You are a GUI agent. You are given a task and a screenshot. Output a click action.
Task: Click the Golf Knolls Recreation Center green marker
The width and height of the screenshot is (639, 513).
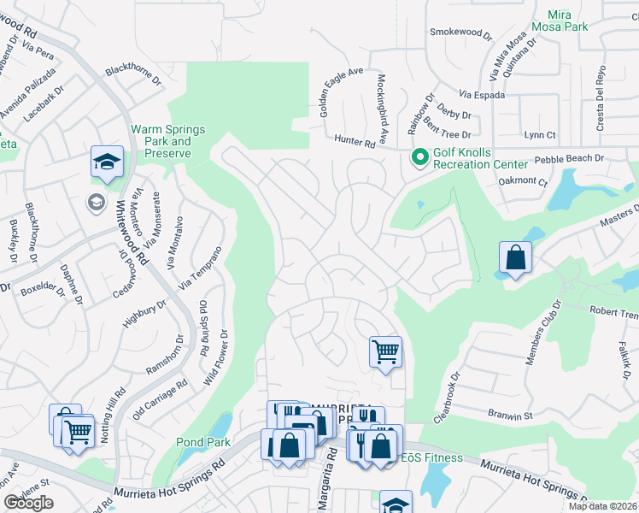coord(419,157)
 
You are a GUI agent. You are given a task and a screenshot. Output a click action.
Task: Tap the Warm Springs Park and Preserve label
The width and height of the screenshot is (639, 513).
coord(167,141)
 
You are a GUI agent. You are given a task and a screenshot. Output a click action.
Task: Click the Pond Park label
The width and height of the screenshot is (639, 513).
coord(203,442)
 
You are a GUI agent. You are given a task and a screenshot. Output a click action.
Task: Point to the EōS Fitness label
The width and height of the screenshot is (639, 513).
coord(432,458)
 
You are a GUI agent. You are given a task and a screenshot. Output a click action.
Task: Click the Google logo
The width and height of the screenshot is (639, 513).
coord(29,503)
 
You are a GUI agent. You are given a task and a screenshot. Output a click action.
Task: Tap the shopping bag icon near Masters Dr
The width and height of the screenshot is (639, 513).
coord(516,257)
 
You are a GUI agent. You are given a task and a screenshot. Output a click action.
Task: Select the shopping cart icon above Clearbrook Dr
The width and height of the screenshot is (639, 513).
coord(385,351)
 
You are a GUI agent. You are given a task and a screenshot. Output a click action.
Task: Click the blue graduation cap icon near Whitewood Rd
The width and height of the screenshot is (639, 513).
coord(108,162)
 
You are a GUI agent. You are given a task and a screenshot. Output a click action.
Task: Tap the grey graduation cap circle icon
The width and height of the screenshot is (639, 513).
coord(97,202)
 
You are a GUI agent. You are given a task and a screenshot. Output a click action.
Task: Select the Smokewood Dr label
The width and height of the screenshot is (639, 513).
coord(461,34)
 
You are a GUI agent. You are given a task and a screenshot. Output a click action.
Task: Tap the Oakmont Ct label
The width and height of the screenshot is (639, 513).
coord(521,181)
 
